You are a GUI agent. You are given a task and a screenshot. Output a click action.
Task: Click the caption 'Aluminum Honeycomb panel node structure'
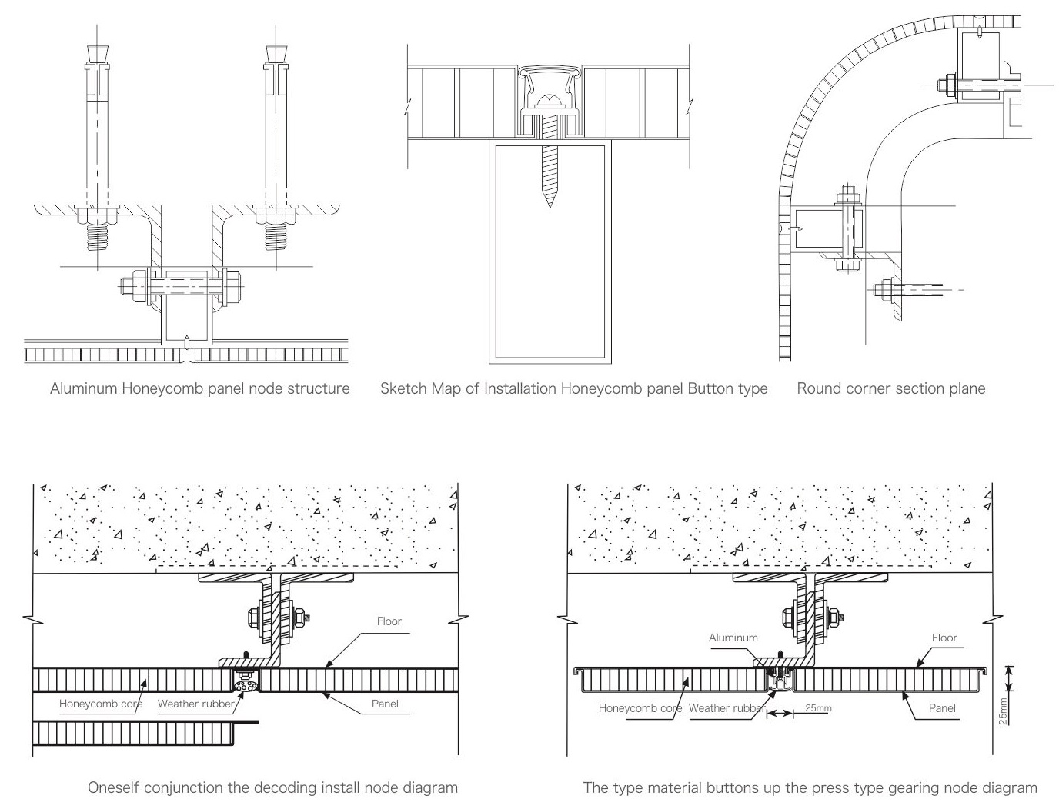click(199, 388)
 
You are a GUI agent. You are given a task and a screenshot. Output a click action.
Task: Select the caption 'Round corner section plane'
click(890, 388)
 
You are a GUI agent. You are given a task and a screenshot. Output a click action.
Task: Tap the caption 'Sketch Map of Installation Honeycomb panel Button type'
click(573, 388)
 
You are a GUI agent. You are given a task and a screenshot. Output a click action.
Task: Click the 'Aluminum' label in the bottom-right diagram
click(733, 638)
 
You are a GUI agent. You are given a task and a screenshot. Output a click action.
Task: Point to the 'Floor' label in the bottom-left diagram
click(389, 621)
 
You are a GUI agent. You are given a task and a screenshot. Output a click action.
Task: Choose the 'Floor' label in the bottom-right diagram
click(944, 638)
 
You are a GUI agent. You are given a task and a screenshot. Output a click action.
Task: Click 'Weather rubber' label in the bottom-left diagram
click(195, 704)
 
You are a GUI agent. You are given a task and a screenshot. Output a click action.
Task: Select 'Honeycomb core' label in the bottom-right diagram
click(640, 708)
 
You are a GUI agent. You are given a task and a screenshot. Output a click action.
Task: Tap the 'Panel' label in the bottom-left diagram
click(385, 704)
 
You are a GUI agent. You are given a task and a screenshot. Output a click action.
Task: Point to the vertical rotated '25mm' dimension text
click(1002, 711)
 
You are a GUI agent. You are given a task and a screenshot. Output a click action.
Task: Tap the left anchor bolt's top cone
click(98, 54)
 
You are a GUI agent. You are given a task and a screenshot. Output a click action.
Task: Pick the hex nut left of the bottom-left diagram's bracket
click(254, 617)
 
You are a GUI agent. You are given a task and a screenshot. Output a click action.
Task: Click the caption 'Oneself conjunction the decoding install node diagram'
click(272, 787)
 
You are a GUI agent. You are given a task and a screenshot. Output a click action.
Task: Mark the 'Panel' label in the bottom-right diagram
click(941, 708)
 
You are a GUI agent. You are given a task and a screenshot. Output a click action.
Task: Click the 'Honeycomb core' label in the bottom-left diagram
click(100, 704)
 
